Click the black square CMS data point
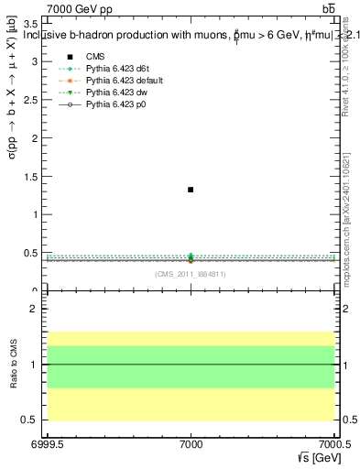coord(191,190)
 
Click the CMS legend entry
coord(95,57)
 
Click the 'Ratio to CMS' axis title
coord(12,365)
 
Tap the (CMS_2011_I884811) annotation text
coord(191,275)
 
